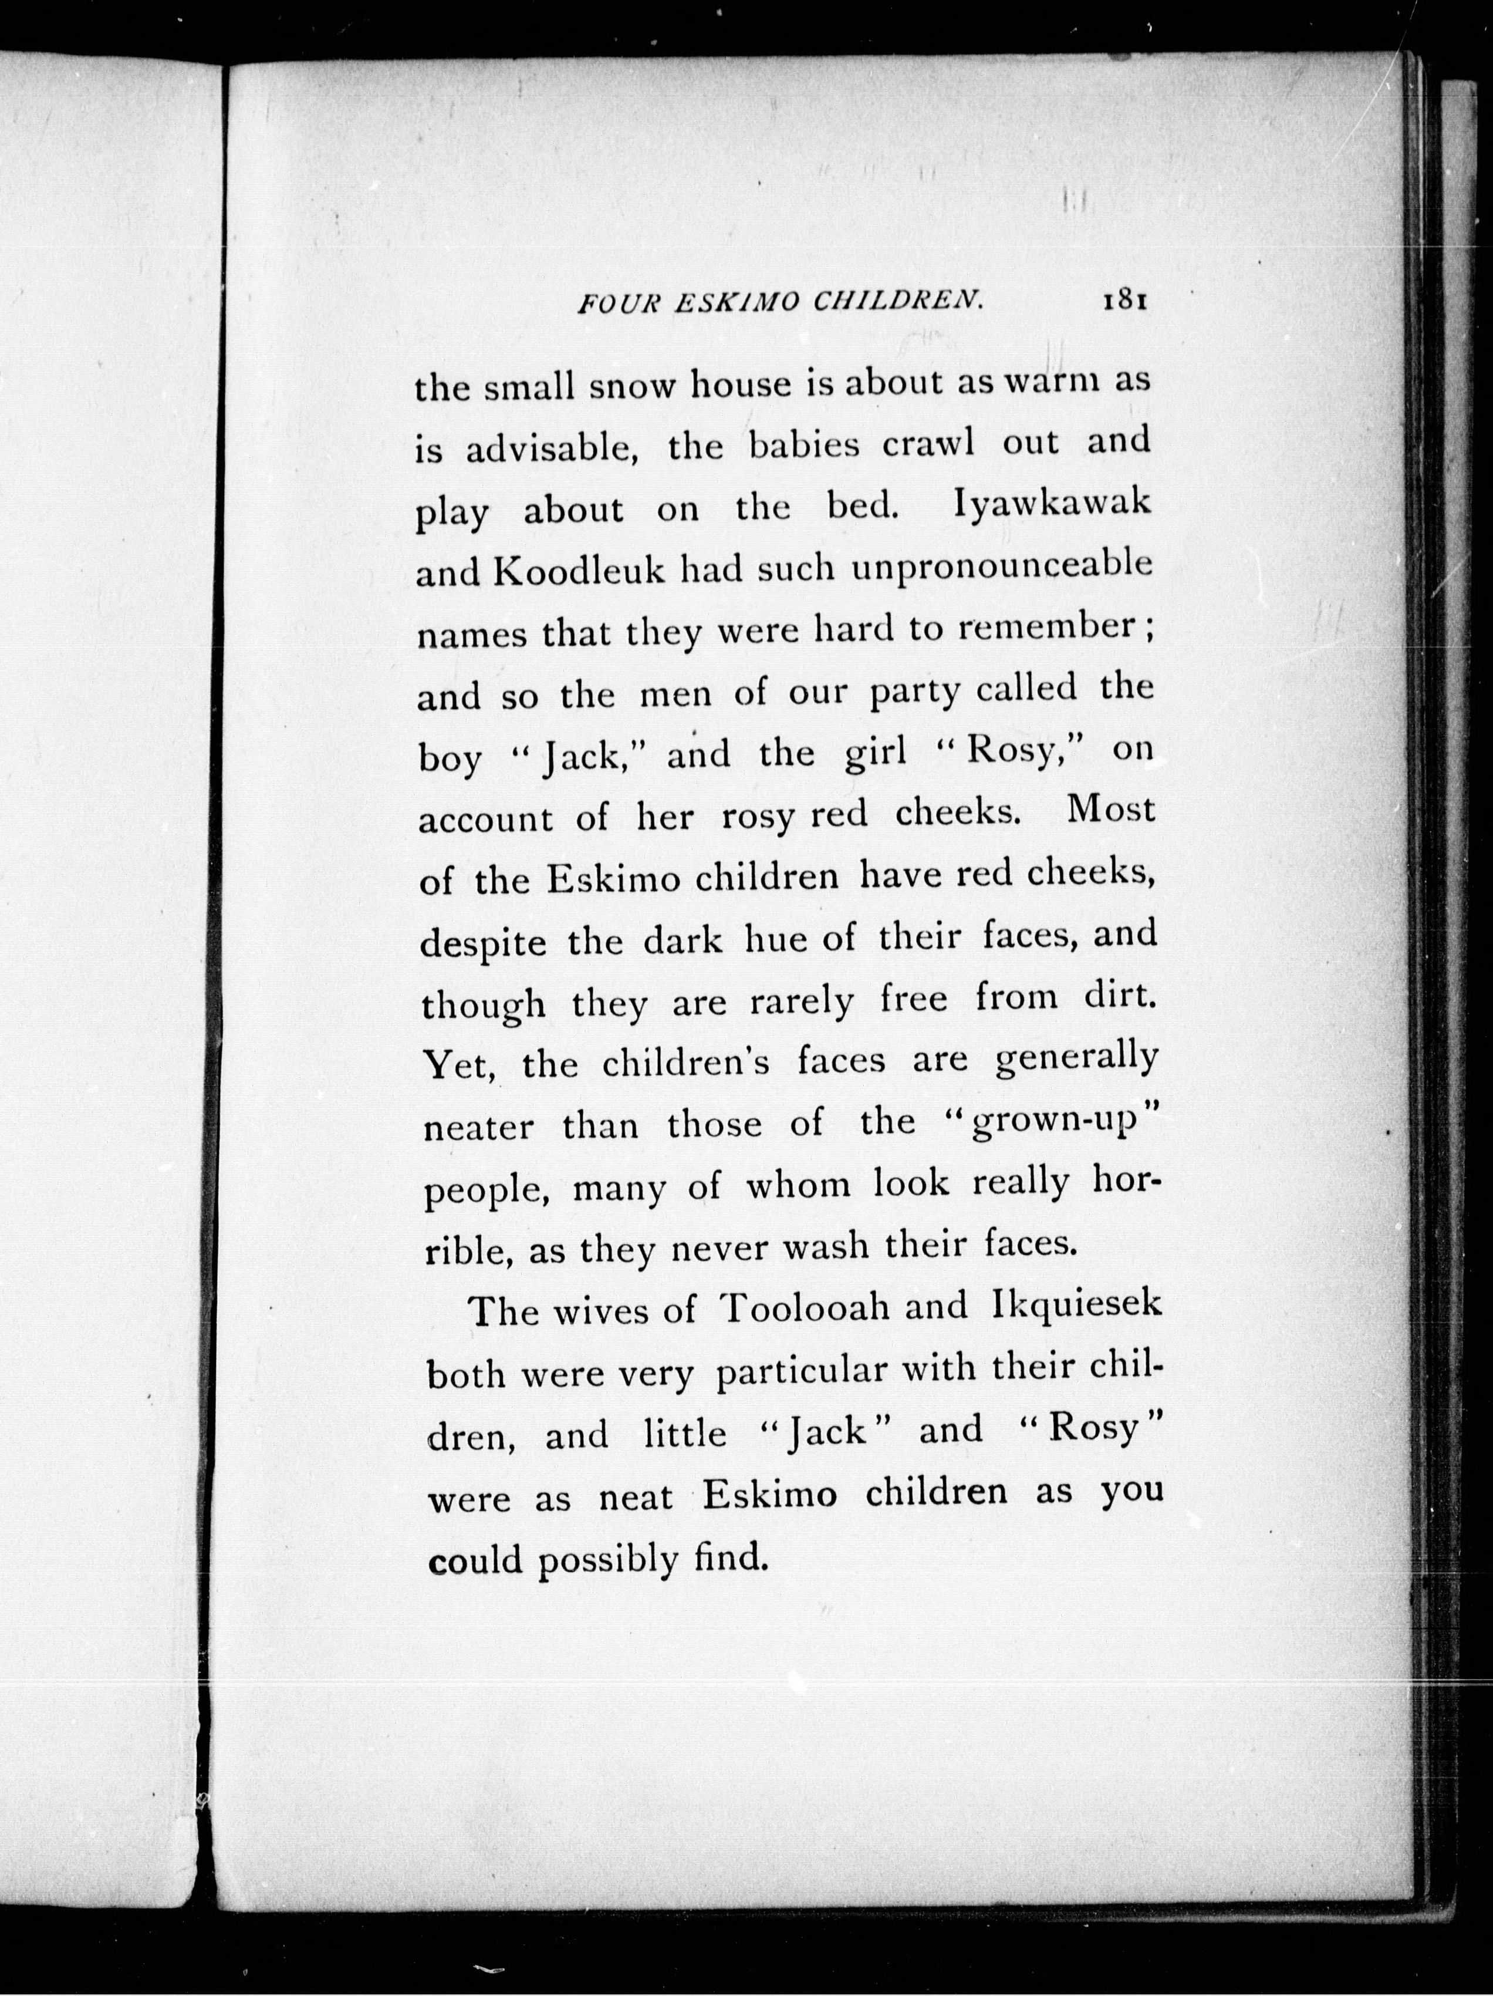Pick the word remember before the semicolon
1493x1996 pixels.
(x=1045, y=628)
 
